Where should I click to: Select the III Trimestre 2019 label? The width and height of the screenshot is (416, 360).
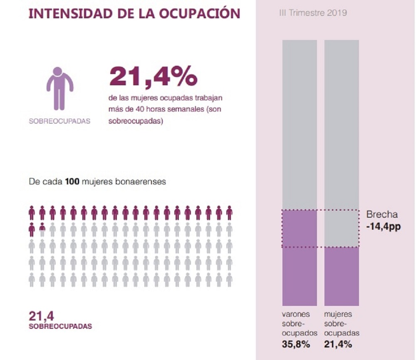coord(313,13)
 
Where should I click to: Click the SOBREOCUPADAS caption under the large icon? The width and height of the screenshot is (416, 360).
coord(59,122)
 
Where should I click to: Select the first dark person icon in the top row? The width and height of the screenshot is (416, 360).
coord(32,213)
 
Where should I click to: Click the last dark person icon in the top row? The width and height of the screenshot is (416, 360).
coord(229,213)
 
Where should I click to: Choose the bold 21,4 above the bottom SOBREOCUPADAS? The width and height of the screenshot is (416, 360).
coord(42,315)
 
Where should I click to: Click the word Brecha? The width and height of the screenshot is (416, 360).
coord(382,215)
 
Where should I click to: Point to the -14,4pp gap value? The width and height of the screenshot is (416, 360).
coord(384,228)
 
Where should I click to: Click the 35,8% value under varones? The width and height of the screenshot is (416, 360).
coord(296,344)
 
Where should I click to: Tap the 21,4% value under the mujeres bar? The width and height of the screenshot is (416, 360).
coord(338,344)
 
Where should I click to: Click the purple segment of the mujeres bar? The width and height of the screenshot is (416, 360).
coord(342,276)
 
